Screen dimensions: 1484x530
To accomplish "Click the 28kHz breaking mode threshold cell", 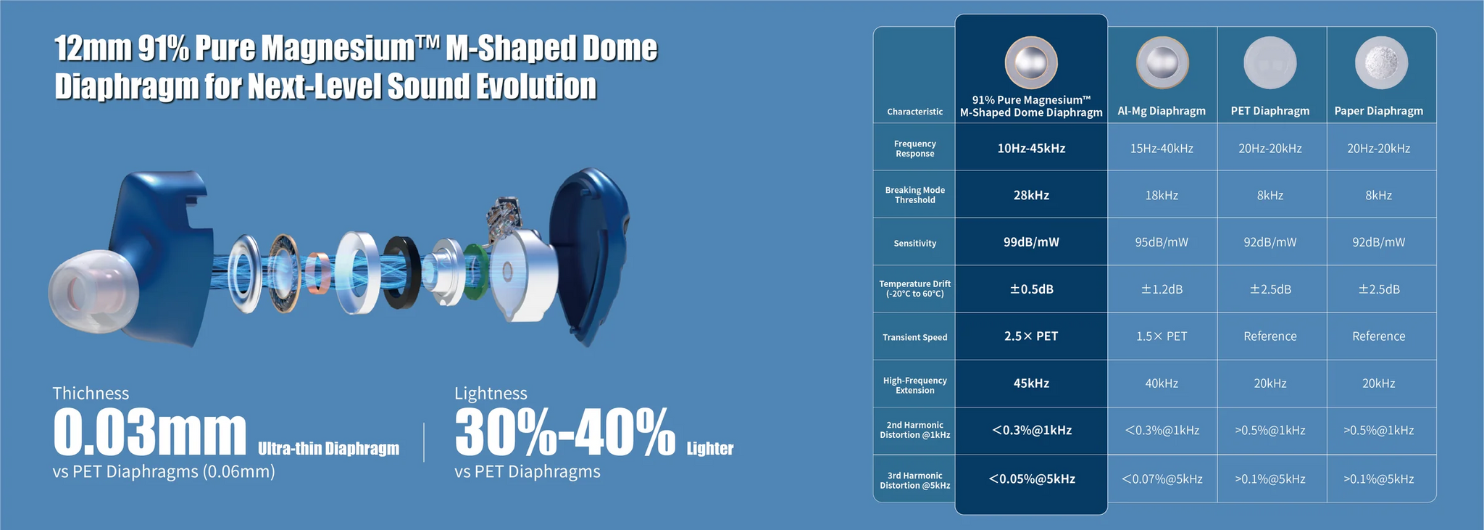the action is pyautogui.click(x=1031, y=195).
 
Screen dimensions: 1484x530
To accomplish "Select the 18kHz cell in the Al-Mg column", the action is pyautogui.click(x=1162, y=195).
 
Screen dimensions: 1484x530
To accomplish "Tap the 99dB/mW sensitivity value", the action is pyautogui.click(x=1031, y=242).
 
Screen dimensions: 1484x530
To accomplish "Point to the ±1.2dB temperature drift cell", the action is pyautogui.click(x=1162, y=289).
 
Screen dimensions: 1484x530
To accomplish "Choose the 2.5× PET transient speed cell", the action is pyautogui.click(x=1031, y=336).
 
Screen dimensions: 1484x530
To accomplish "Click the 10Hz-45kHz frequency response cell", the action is pyautogui.click(x=1031, y=148).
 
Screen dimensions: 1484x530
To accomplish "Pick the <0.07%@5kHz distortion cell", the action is pyautogui.click(x=1162, y=479).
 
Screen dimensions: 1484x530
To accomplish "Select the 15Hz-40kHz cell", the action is pyautogui.click(x=1162, y=148).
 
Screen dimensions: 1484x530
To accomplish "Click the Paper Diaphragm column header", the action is pyautogui.click(x=1378, y=111).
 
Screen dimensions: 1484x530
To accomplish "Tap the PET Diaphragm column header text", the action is pyautogui.click(x=1270, y=111).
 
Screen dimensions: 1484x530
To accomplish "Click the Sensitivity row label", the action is pyautogui.click(x=914, y=243).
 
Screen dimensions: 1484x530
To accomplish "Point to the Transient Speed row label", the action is pyautogui.click(x=914, y=337).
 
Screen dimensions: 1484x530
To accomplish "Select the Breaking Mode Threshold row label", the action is pyautogui.click(x=914, y=195).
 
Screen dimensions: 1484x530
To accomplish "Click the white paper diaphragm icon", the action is pyautogui.click(x=1381, y=63).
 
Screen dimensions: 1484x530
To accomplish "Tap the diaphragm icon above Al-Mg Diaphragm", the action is pyautogui.click(x=1162, y=63).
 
